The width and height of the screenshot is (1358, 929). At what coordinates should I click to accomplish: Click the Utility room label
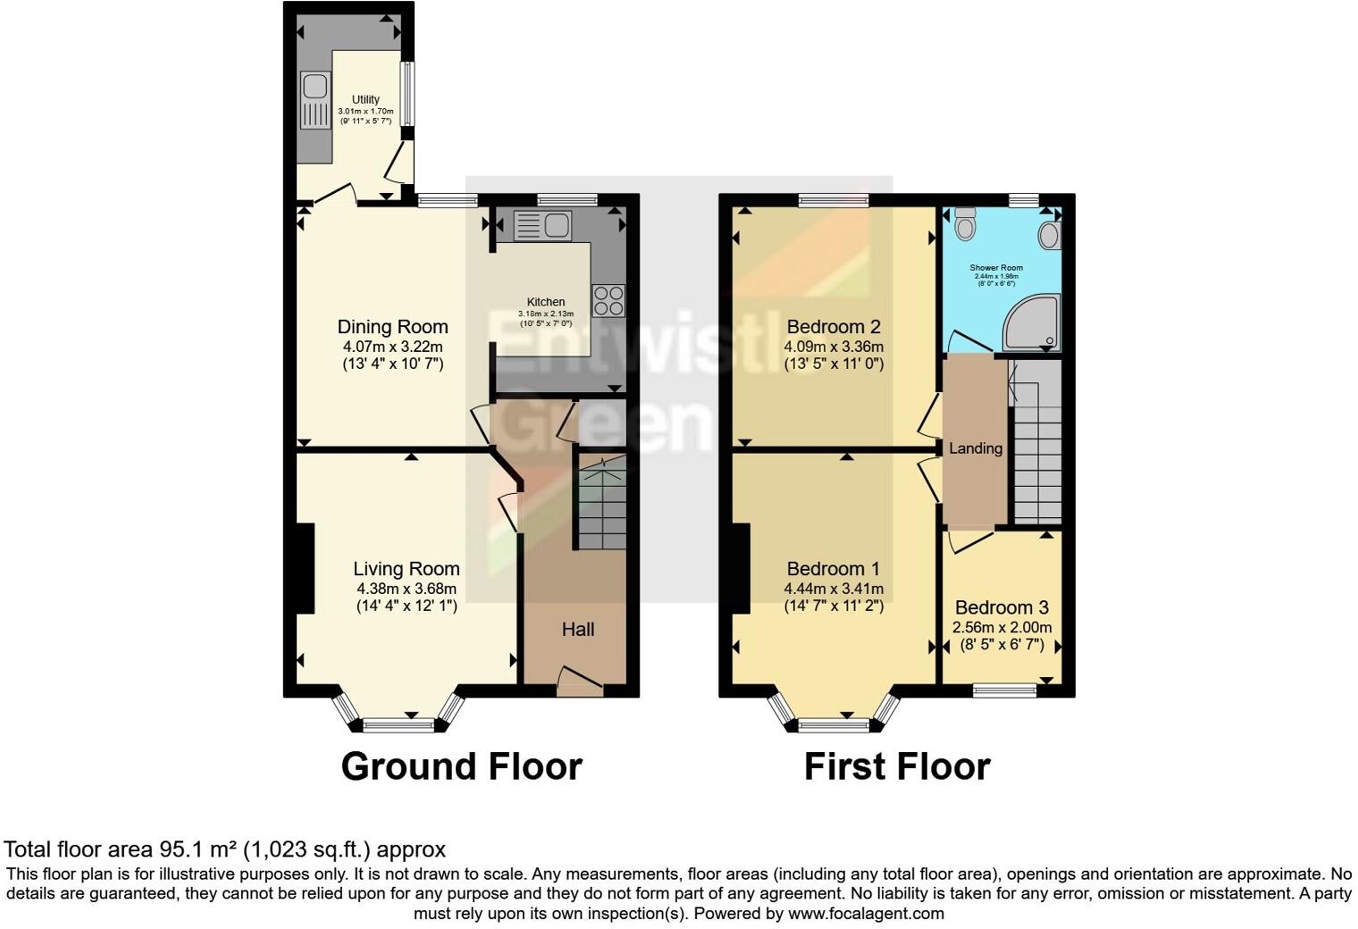[365, 99]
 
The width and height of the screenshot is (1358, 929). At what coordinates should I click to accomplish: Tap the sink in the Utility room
[314, 100]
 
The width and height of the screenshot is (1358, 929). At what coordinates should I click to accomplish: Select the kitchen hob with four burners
[608, 299]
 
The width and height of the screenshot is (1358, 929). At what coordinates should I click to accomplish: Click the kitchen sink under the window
[543, 225]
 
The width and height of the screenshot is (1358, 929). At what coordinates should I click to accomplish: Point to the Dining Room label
[392, 327]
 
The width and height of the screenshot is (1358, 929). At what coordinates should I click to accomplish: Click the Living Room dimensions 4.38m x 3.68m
[407, 589]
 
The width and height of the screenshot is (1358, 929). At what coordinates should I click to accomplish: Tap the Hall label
[578, 630]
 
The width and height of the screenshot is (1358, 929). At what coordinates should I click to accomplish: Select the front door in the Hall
[580, 683]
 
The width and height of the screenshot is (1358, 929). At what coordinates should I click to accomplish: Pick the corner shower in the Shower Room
[1032, 322]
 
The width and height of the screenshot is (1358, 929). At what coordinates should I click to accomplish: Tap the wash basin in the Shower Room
[1049, 236]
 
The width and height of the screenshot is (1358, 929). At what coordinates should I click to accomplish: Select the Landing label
[976, 448]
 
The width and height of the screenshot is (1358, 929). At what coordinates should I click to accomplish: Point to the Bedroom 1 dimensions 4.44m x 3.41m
[834, 589]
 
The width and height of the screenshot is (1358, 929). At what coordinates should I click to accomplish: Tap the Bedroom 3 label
[1002, 607]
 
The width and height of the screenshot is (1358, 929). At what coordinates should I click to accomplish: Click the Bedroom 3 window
[1005, 690]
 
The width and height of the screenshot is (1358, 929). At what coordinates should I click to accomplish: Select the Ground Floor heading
[461, 766]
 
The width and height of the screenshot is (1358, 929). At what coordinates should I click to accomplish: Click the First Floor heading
[897, 766]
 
